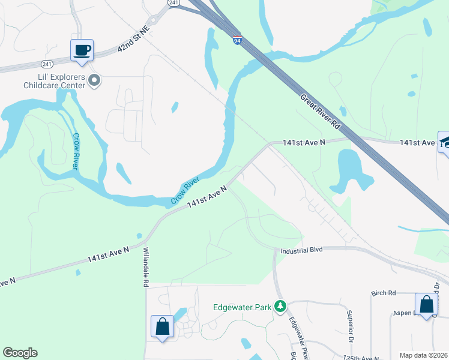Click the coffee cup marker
coord(82,50)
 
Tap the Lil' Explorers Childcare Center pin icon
coord(94,80)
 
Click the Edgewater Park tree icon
coord(280,307)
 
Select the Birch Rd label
coord(384,293)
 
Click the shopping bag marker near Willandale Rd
coord(163,327)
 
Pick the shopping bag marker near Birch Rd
coord(426,304)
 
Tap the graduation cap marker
coord(445,143)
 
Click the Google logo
coord(20,353)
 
